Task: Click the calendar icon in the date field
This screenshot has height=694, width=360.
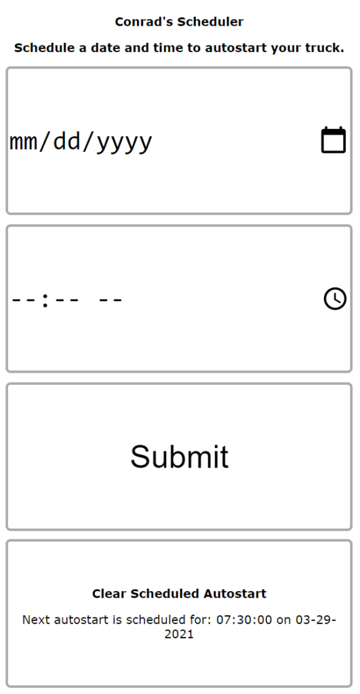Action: pos(333,140)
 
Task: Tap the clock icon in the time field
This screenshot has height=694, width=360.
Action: pos(335,298)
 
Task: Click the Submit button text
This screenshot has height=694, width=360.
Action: pos(180,456)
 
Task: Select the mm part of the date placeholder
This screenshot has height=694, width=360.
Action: pos(22,142)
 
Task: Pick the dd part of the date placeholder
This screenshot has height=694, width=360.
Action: pos(66,141)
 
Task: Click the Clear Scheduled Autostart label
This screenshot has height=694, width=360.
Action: pos(180,594)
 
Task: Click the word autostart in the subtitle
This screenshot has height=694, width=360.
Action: pos(230,48)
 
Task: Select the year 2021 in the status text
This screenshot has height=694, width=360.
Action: pos(180,634)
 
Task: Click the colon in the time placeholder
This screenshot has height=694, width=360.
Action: pos(45,299)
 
